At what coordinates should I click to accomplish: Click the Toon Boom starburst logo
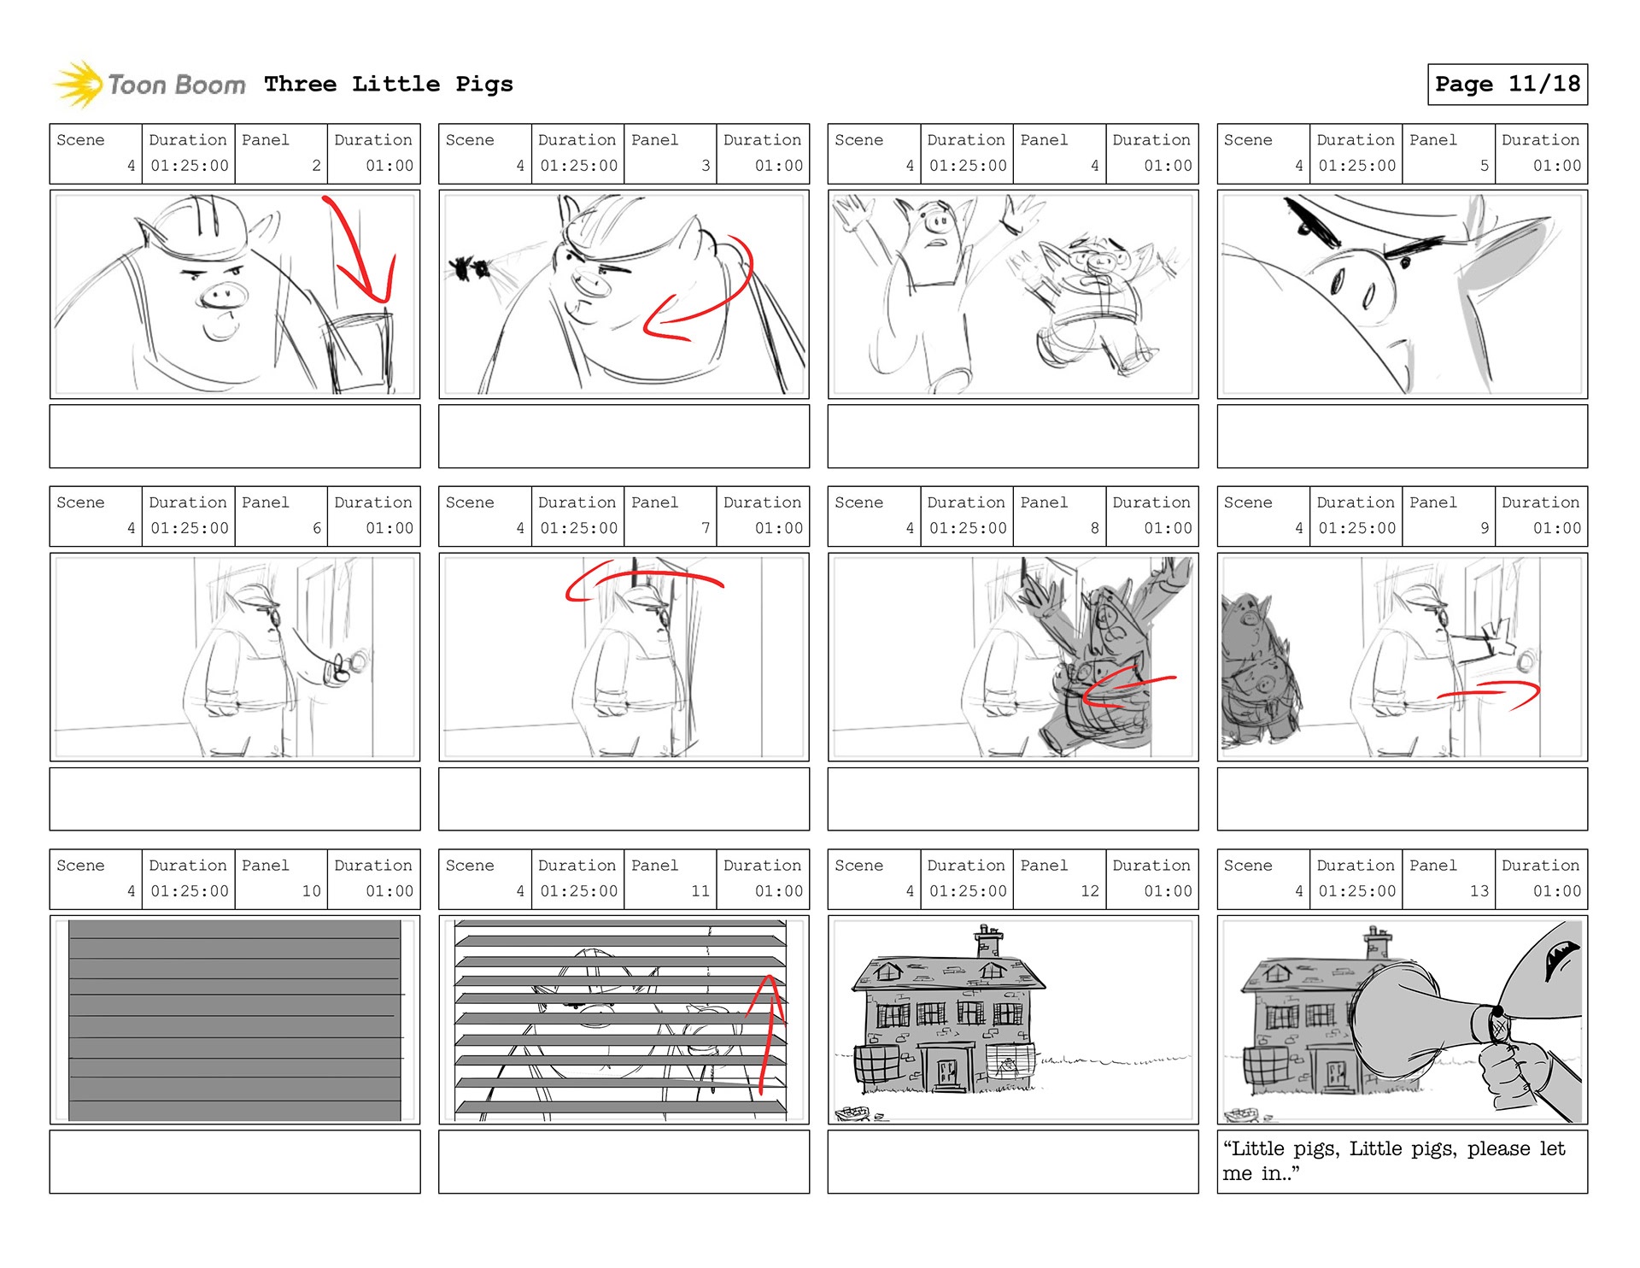[78, 84]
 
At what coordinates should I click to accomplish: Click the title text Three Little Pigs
[388, 84]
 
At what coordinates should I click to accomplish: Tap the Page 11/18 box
[1507, 84]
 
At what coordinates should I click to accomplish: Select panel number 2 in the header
[316, 166]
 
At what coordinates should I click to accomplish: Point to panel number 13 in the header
[1479, 891]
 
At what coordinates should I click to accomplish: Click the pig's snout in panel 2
[224, 296]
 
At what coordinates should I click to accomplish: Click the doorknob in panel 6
[359, 660]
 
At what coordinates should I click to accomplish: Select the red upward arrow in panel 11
[769, 1034]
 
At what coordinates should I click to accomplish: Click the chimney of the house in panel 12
[988, 941]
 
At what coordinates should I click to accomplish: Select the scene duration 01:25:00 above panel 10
[190, 891]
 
